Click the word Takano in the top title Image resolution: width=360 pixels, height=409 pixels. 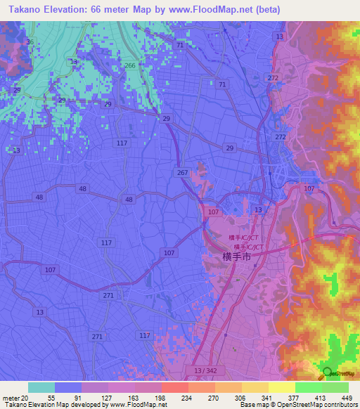[22, 8]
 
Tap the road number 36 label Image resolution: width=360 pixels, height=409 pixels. [29, 42]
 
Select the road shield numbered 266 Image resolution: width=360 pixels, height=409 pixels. [129, 65]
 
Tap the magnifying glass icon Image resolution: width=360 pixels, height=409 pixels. [328, 374]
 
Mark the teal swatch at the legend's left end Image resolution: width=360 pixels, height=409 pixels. [41, 387]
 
